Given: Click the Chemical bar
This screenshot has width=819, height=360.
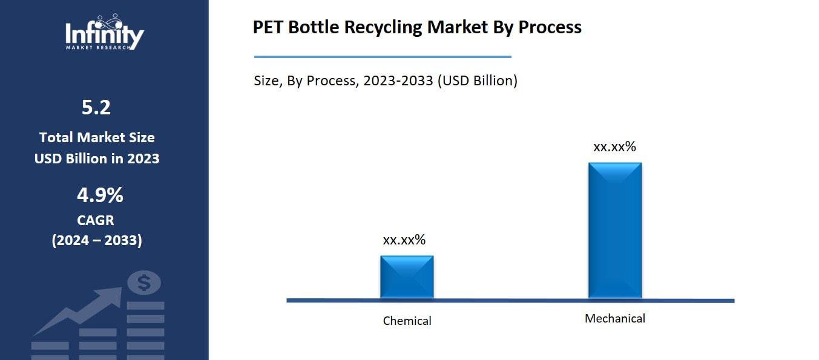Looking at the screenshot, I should click(x=407, y=277).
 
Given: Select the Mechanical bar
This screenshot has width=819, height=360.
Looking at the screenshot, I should click(x=614, y=230).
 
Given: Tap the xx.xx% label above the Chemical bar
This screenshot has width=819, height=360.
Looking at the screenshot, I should click(x=404, y=240).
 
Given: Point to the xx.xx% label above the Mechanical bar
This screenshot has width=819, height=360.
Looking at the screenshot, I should click(x=614, y=146).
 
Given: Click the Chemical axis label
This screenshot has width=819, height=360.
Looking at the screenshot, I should click(x=407, y=321).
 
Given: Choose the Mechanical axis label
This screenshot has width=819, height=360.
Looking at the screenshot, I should click(x=614, y=318).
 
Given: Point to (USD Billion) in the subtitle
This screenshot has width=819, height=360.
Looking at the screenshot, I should click(x=478, y=80).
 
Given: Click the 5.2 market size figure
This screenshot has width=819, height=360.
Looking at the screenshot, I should click(x=96, y=108).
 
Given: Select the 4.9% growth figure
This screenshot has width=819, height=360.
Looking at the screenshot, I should click(x=99, y=195).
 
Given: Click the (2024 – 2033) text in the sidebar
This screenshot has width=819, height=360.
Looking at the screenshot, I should click(x=97, y=240).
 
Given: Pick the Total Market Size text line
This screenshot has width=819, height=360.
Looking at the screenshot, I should click(x=97, y=137).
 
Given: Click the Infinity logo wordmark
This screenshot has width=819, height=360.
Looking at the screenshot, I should click(x=104, y=33).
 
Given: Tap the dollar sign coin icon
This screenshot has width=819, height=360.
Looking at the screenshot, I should click(x=144, y=283).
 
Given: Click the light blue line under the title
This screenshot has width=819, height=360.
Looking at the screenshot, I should click(x=383, y=57).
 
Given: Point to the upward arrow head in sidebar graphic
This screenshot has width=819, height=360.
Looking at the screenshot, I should click(x=112, y=296).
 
